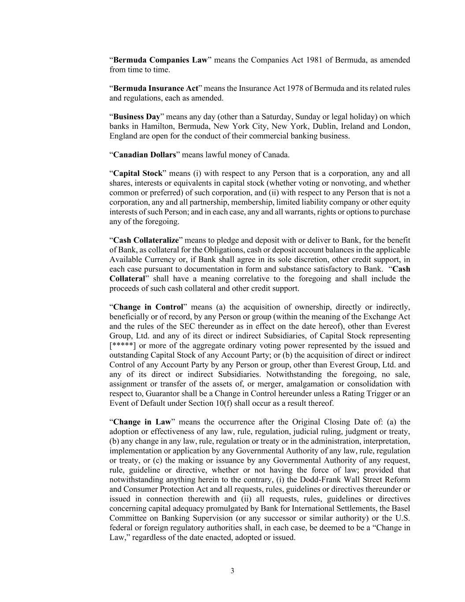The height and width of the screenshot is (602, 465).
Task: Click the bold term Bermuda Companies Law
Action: coord(160,60)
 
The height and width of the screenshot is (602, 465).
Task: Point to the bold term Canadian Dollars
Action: coord(145,155)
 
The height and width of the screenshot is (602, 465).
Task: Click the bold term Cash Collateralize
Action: coord(146,240)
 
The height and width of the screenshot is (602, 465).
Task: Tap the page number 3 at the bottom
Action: coord(232,571)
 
